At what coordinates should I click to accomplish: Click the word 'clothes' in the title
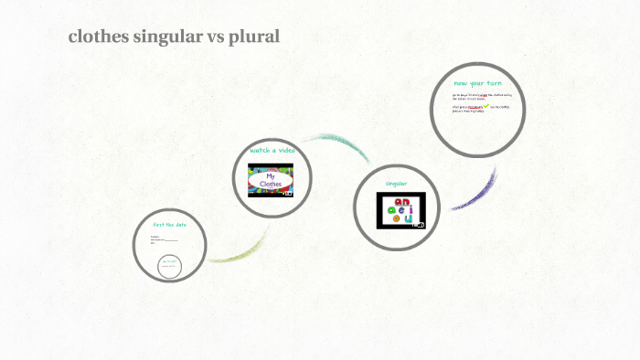pos(97,37)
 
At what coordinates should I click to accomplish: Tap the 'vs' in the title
pos(212,37)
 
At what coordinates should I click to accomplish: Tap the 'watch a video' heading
pos(272,149)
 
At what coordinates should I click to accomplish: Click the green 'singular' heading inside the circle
pos(396,184)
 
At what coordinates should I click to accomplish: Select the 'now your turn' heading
pos(477,83)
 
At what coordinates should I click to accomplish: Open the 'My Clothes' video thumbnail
pos(272,179)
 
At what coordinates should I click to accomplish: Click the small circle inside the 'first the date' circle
pos(169,266)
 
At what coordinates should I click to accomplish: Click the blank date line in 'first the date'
pos(170,239)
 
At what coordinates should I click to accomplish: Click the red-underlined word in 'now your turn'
pos(475,106)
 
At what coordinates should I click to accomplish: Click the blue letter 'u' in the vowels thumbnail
pos(409,217)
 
